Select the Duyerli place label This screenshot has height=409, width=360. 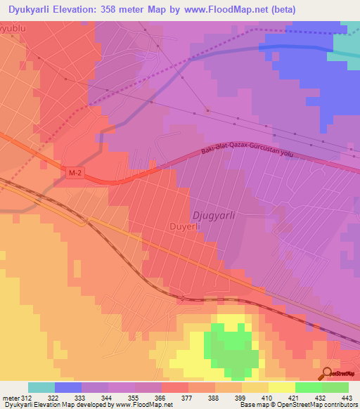coord(186,227)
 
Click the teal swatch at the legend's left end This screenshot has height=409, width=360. coord(41,387)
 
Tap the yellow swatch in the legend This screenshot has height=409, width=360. coord(282,387)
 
